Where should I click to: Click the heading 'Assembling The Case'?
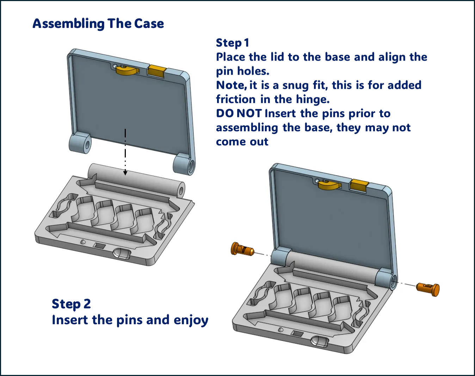coord(98,24)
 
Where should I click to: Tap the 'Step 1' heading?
coord(233,43)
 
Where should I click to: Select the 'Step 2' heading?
coord(71,304)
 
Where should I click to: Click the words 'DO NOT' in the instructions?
coord(239,114)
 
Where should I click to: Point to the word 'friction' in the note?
coord(236,99)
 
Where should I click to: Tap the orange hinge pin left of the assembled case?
coord(242,249)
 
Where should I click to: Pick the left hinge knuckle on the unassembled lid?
coord(80,143)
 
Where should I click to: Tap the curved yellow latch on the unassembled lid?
coord(127,70)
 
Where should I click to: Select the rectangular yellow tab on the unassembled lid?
coord(156,71)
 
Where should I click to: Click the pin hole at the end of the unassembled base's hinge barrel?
coord(181,190)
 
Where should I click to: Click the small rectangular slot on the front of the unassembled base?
coord(99,245)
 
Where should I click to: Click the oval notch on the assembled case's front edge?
coord(320,341)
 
